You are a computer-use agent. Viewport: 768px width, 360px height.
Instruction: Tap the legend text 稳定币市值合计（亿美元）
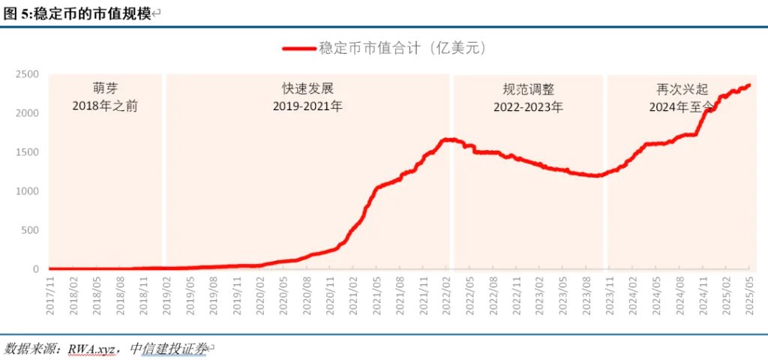tap(403, 48)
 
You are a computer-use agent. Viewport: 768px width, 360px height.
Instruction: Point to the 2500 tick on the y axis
tap(28, 74)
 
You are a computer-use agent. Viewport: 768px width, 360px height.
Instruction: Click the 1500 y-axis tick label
tap(28, 152)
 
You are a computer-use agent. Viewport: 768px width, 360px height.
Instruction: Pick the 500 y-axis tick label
tap(31, 230)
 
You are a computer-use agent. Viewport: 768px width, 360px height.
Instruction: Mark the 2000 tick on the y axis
tap(28, 113)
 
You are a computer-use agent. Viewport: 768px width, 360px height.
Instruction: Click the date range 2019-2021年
tap(307, 106)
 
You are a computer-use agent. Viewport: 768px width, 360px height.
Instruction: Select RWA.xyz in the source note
tap(90, 349)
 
